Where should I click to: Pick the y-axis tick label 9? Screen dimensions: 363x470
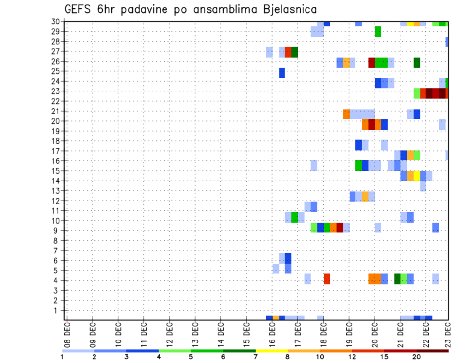click(x=57, y=230)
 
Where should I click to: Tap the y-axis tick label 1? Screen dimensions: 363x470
click(x=57, y=310)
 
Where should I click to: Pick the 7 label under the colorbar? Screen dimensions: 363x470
click(x=255, y=356)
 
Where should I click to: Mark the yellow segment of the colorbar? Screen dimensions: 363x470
click(x=271, y=351)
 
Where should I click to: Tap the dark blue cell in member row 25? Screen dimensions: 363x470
click(x=282, y=72)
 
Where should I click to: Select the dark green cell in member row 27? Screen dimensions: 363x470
click(x=295, y=52)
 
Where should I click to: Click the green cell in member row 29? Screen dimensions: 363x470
click(x=378, y=32)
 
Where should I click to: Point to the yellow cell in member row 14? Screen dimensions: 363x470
click(x=417, y=176)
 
